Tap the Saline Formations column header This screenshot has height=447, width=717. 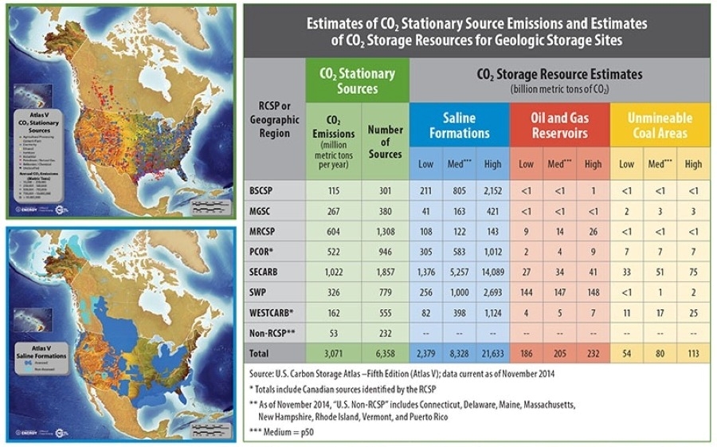pyautogui.click(x=459, y=125)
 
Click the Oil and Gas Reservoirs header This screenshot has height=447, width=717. pyautogui.click(x=559, y=125)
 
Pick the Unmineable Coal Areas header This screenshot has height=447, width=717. pyautogui.click(x=660, y=125)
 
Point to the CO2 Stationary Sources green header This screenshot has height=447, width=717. pyautogui.click(x=357, y=80)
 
